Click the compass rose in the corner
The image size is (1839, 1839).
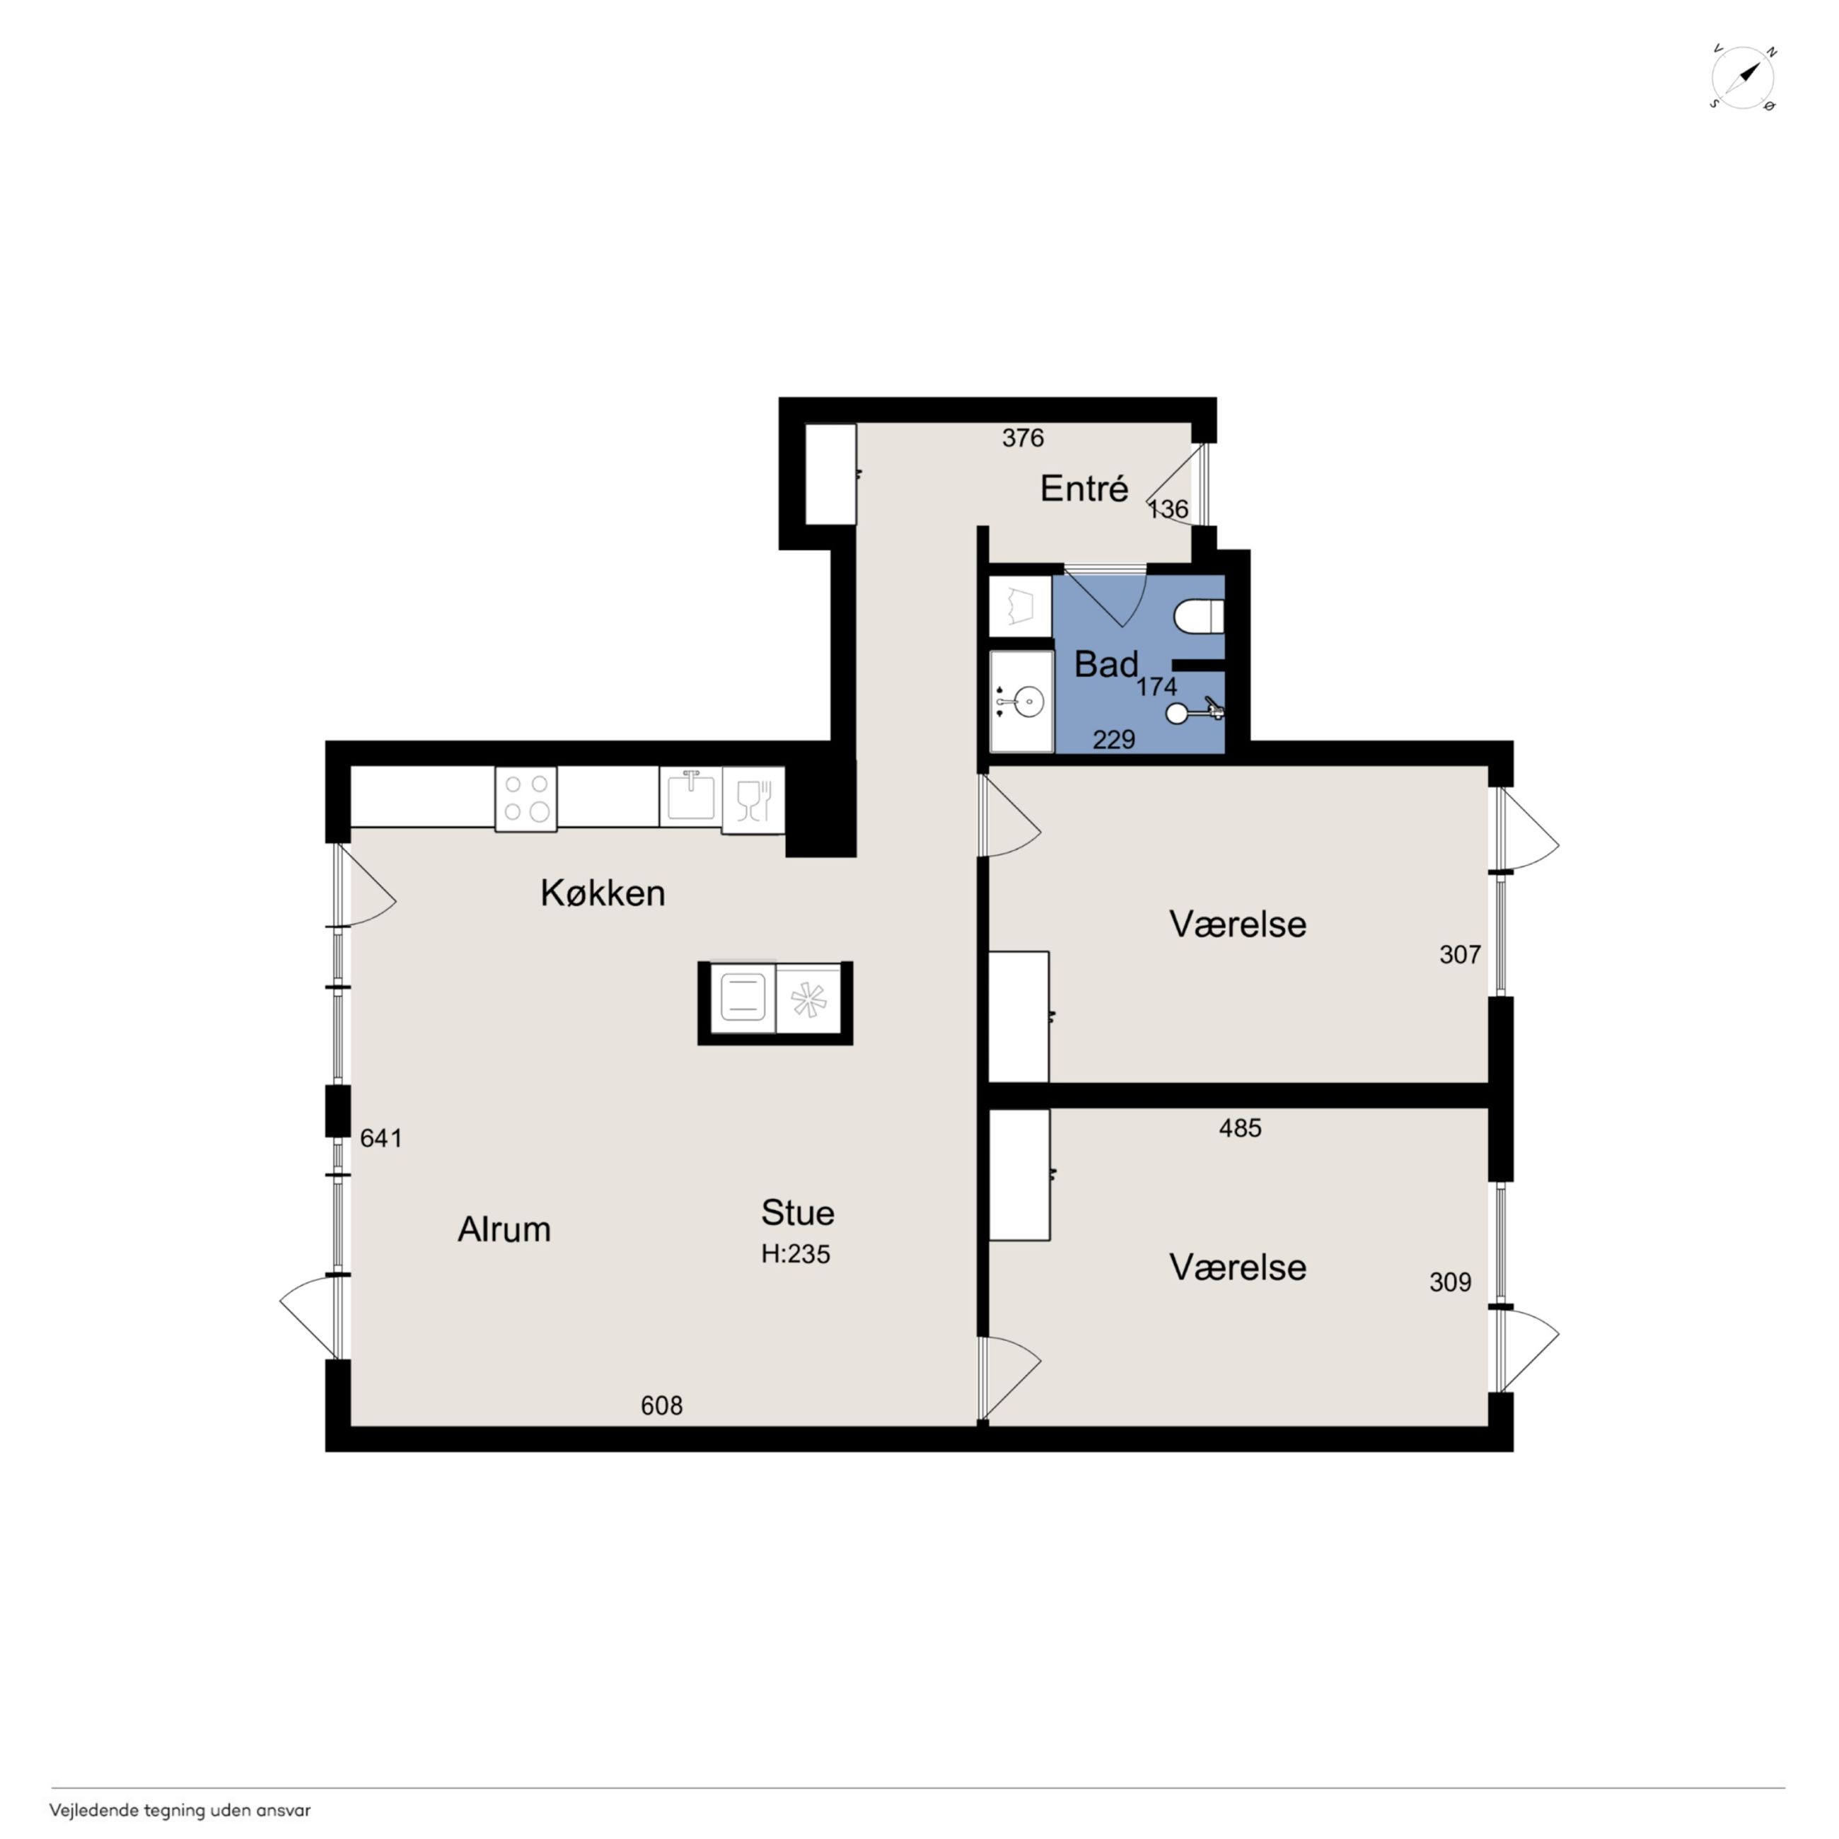pos(1743,78)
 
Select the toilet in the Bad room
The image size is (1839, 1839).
pos(1200,616)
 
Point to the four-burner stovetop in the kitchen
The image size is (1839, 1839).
pos(526,798)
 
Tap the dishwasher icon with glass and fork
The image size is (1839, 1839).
pos(753,799)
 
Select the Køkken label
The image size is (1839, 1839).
pos(603,893)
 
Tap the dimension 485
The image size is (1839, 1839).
pos(1241,1128)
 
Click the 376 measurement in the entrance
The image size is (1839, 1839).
pos(1023,438)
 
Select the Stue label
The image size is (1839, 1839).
pos(798,1212)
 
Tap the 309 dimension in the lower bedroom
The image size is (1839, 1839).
pos(1451,1282)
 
